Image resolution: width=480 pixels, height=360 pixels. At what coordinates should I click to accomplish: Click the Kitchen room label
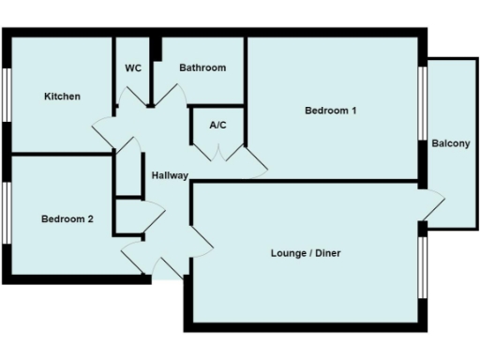point(62,97)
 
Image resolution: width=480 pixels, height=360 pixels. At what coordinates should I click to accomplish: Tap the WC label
point(133,67)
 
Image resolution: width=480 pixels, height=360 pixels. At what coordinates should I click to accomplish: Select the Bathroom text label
point(202,67)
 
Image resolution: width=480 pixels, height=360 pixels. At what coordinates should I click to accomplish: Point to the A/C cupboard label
point(217,125)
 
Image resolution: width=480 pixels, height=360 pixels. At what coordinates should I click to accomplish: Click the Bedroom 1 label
point(331,111)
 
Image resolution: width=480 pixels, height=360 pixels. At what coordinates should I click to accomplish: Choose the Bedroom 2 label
point(67,219)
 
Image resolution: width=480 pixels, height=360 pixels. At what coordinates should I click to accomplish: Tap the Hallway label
point(170,175)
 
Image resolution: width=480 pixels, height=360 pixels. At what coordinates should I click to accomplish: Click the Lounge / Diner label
point(305,253)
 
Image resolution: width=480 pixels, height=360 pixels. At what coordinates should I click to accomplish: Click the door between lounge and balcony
point(431,205)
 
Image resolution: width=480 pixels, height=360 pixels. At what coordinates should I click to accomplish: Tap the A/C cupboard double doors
point(217,151)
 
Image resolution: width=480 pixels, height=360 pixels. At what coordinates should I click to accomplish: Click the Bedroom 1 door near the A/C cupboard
point(255,161)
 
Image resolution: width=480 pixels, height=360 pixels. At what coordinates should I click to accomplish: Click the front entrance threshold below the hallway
point(167,274)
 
